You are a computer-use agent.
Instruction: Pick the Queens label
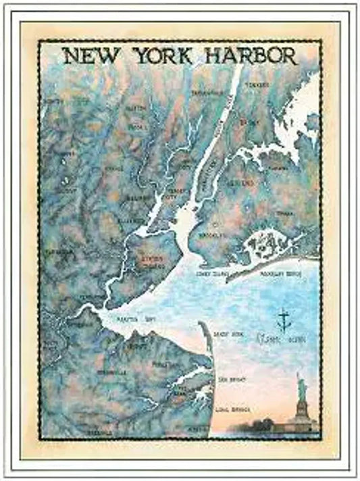click(x=242, y=183)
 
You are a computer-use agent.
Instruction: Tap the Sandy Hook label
click(x=226, y=335)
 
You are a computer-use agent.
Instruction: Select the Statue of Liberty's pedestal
click(x=302, y=415)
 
